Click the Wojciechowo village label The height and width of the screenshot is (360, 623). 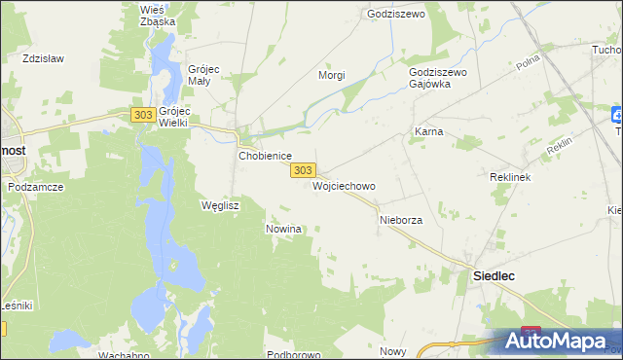click(x=344, y=185)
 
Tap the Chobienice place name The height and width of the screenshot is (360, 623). click(x=266, y=155)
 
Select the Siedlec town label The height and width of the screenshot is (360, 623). click(x=494, y=275)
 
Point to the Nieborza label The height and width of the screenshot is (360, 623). click(x=400, y=221)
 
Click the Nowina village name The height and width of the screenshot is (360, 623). click(x=284, y=229)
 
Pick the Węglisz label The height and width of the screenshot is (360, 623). click(x=219, y=205)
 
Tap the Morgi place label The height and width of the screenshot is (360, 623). click(x=332, y=75)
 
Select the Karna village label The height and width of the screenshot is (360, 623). click(x=428, y=130)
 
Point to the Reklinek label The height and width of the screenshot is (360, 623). click(x=508, y=179)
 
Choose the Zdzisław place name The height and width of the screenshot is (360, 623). click(x=44, y=58)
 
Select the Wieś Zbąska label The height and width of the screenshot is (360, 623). click(x=158, y=15)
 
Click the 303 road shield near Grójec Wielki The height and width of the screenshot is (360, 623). click(x=142, y=115)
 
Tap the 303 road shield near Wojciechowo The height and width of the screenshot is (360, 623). click(x=303, y=169)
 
